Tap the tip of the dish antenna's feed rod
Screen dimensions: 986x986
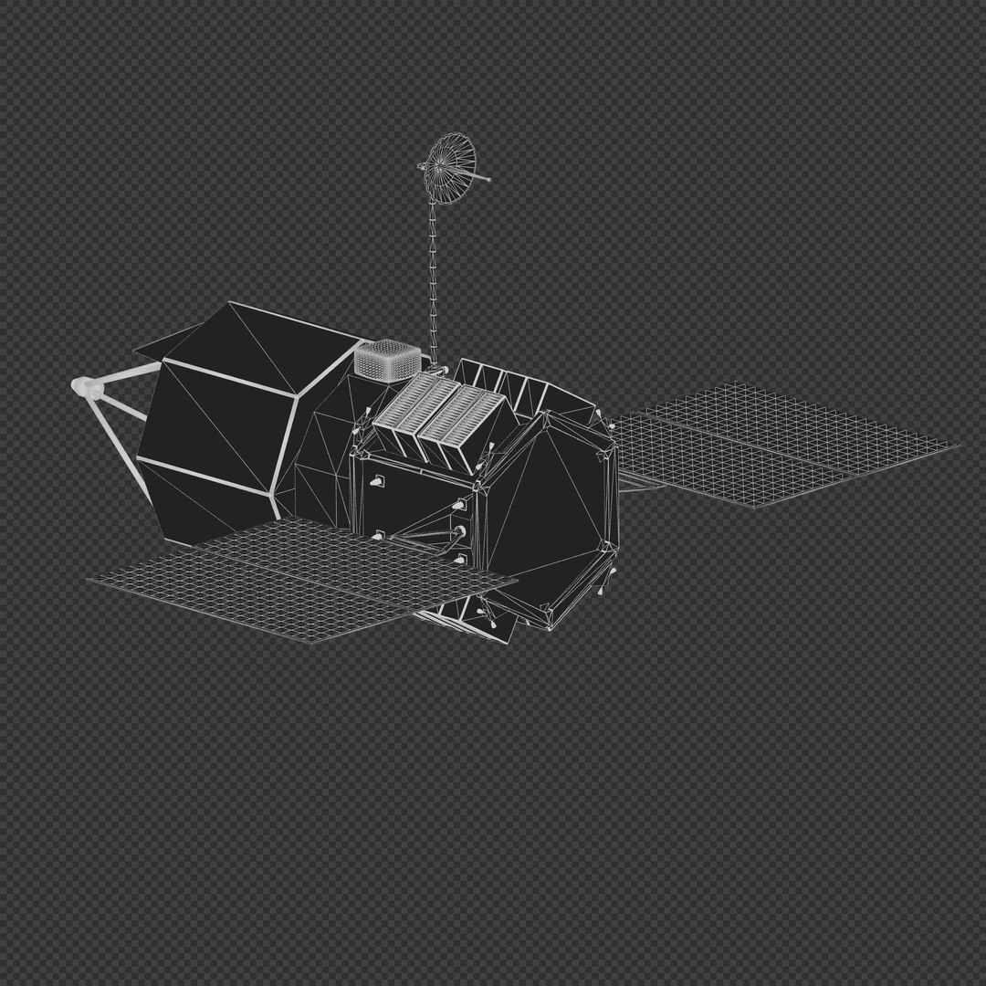tap(488, 180)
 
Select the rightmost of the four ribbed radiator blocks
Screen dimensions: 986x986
tap(476, 424)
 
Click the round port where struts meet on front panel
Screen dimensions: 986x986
tap(459, 530)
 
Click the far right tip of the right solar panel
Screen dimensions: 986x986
tap(958, 446)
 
